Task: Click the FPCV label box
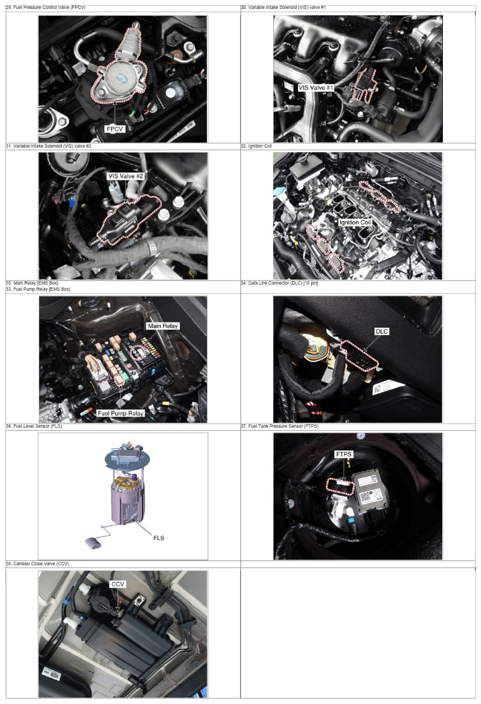[x=115, y=129]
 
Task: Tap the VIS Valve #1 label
[x=316, y=88]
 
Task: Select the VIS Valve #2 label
[x=126, y=176]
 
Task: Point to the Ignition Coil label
[x=355, y=222]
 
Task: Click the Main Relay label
[x=163, y=326]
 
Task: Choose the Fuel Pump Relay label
[x=121, y=413]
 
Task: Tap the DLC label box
[x=382, y=331]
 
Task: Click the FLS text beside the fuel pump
[x=159, y=538]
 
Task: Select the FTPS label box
[x=344, y=454]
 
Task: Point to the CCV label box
[x=118, y=584]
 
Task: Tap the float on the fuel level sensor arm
[x=93, y=543]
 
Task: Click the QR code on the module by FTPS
[x=365, y=496]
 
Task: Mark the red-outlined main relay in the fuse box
[x=138, y=353]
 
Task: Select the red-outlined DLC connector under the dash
[x=359, y=355]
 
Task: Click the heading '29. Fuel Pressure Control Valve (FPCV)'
[x=46, y=7]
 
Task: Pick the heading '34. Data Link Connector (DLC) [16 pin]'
[x=280, y=283]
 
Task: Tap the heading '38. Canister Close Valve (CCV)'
[x=38, y=564]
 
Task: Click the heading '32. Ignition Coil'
[x=256, y=146]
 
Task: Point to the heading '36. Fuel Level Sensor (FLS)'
[x=34, y=426]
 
